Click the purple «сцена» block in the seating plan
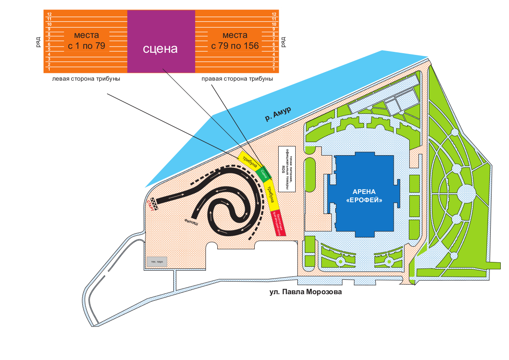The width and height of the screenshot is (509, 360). point(161,41)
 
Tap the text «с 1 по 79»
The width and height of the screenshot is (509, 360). point(87,45)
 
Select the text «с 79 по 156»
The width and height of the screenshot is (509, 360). point(235,45)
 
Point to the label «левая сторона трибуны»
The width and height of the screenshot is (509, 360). point(86,79)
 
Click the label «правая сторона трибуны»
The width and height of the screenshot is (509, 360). point(237,79)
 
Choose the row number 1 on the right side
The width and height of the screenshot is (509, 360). point(274,69)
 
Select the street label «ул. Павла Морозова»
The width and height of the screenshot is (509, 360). point(306,292)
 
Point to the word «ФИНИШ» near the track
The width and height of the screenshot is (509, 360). point(191,221)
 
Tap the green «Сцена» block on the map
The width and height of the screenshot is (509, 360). point(264,173)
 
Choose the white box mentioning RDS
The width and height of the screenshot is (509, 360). point(287,168)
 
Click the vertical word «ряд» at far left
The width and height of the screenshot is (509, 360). point(39,42)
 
